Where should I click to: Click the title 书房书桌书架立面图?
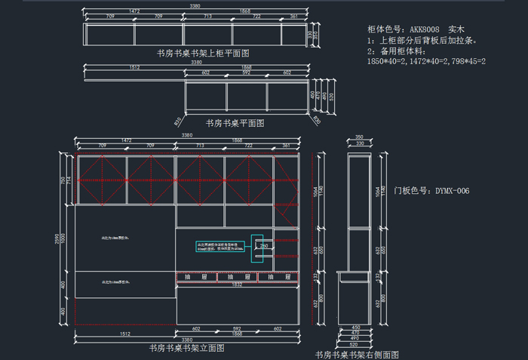[186, 348]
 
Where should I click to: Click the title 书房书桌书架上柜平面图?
[203, 54]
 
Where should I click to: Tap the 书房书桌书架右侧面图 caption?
[356, 354]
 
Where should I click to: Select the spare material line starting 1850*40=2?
[426, 61]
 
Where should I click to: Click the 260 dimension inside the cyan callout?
[264, 246]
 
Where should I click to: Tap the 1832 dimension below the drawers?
[236, 285]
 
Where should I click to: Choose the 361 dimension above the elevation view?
[286, 144]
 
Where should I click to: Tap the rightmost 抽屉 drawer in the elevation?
[277, 278]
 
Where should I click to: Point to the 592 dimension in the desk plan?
[247, 73]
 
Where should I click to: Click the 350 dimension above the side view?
[359, 137]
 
